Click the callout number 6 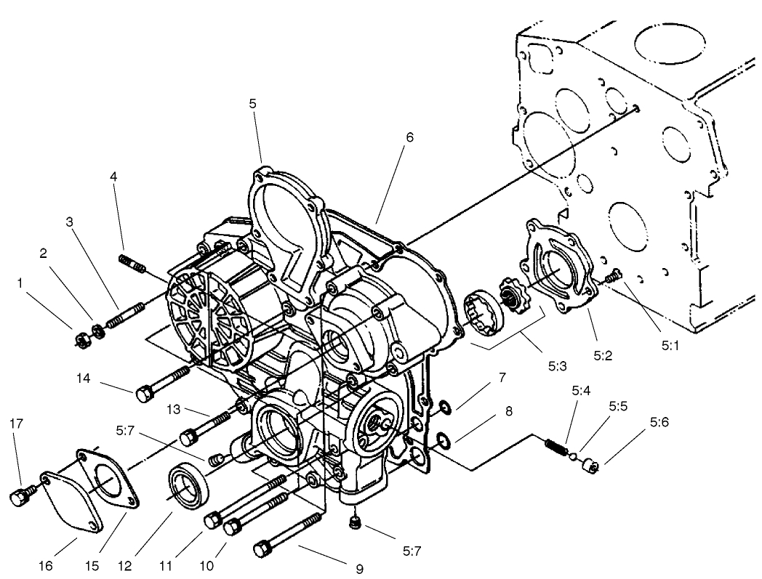tap(409, 137)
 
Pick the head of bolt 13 tap(188, 436)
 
